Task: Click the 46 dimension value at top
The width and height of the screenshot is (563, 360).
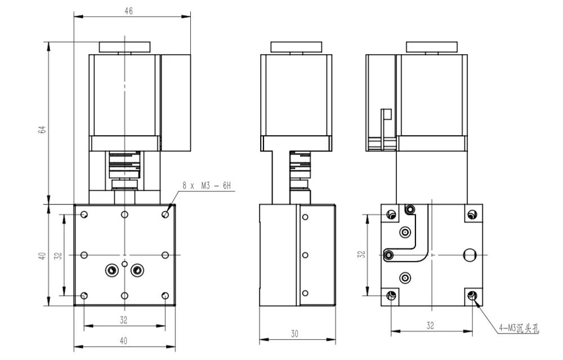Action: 128,11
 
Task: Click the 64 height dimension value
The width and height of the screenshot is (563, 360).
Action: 42,130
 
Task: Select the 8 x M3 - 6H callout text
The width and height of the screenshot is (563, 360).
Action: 207,186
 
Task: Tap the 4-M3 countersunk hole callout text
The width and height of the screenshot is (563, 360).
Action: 519,328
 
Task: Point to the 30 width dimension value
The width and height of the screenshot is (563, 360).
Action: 294,334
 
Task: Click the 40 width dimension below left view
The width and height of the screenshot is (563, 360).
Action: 123,340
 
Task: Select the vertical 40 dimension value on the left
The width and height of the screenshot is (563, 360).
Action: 42,256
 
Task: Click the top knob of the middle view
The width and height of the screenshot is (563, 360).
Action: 296,47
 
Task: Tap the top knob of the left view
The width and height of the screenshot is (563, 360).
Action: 124,47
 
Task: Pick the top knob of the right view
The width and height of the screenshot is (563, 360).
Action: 432,47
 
